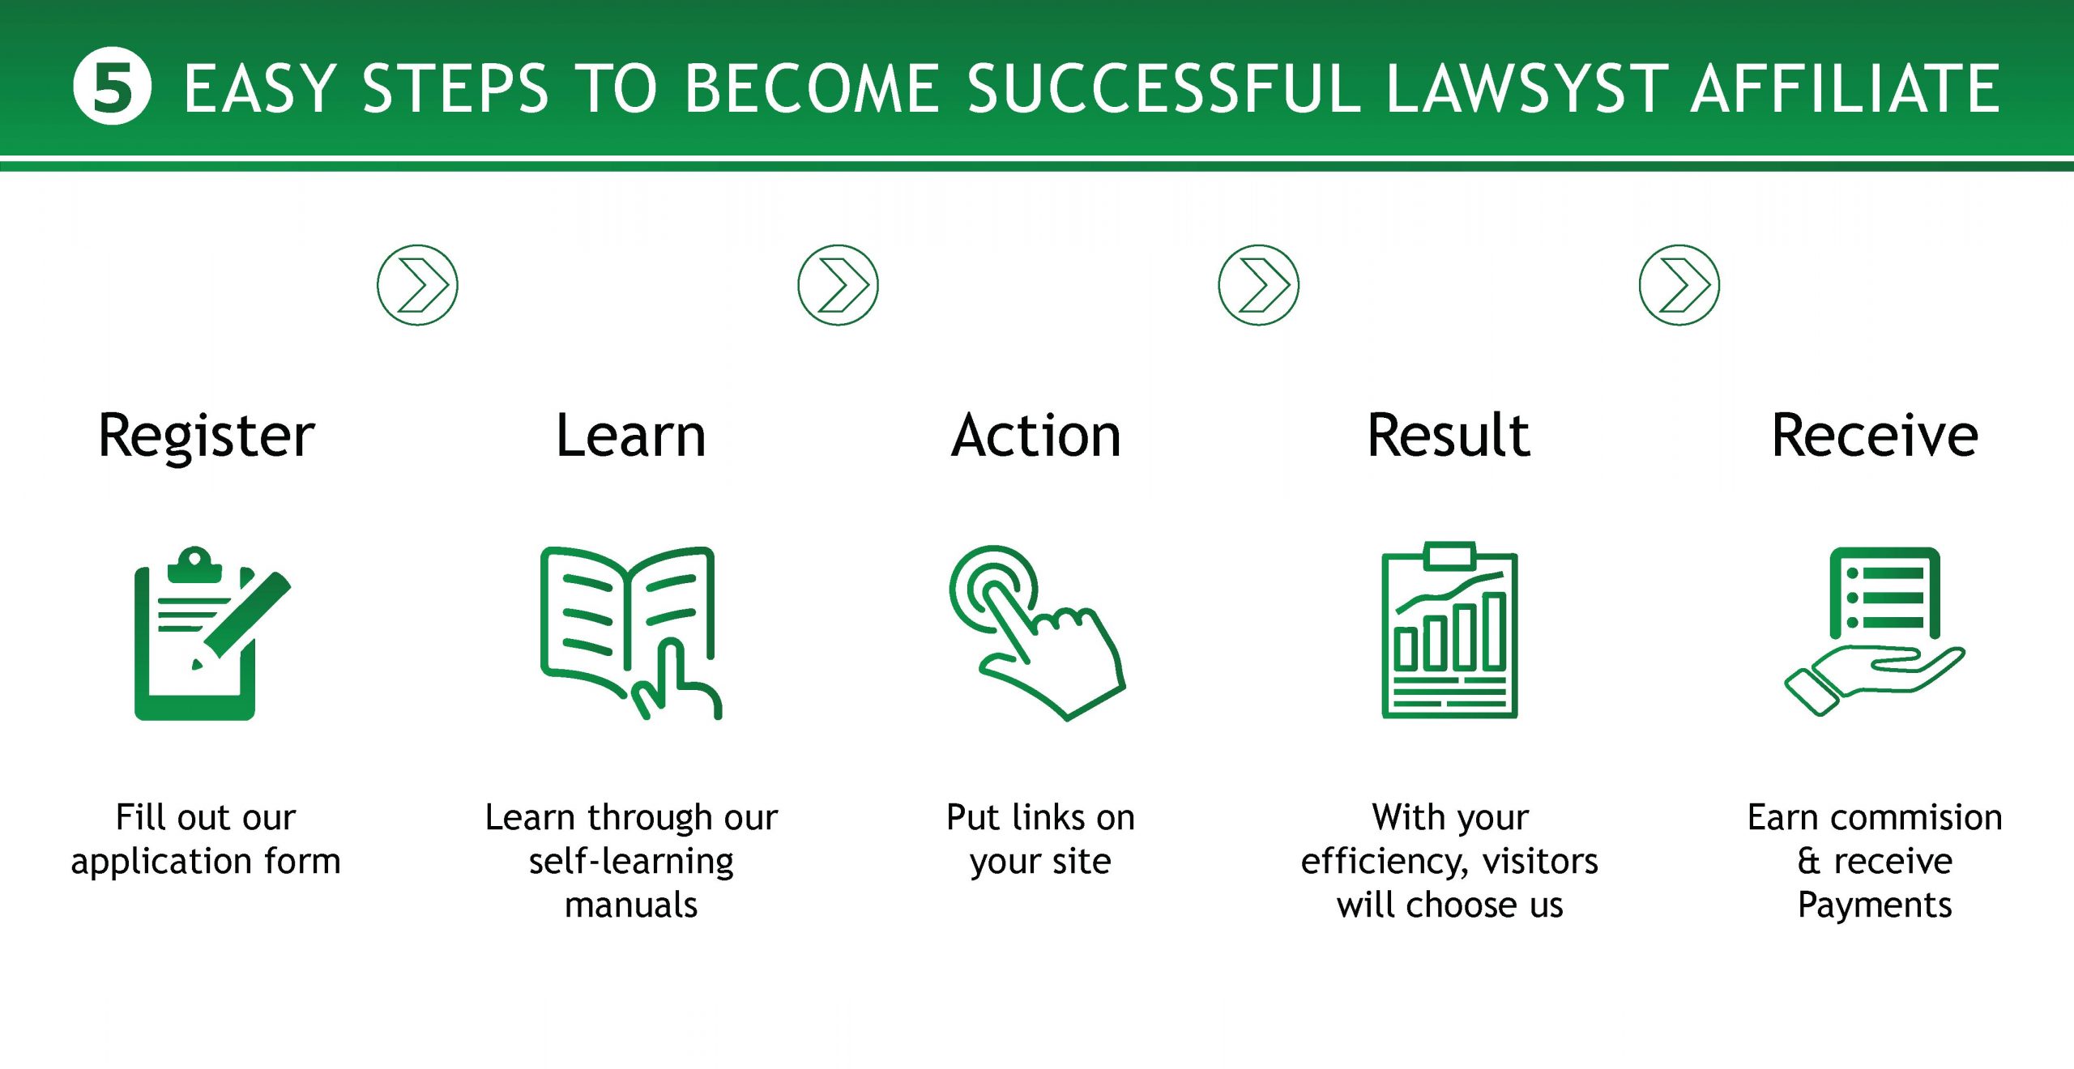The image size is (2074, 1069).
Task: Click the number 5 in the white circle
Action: coord(112,87)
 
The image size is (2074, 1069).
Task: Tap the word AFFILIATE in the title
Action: coord(1846,88)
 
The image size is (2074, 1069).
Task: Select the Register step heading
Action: coord(206,437)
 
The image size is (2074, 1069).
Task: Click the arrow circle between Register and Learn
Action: coord(417,285)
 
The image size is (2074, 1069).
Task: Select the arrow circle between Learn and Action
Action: coord(838,285)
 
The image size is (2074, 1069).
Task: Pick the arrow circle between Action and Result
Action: coord(1258,285)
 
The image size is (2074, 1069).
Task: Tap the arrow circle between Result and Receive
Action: coord(1679,285)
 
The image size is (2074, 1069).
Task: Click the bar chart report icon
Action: coord(1449,630)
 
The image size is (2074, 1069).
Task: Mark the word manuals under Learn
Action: coord(631,905)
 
